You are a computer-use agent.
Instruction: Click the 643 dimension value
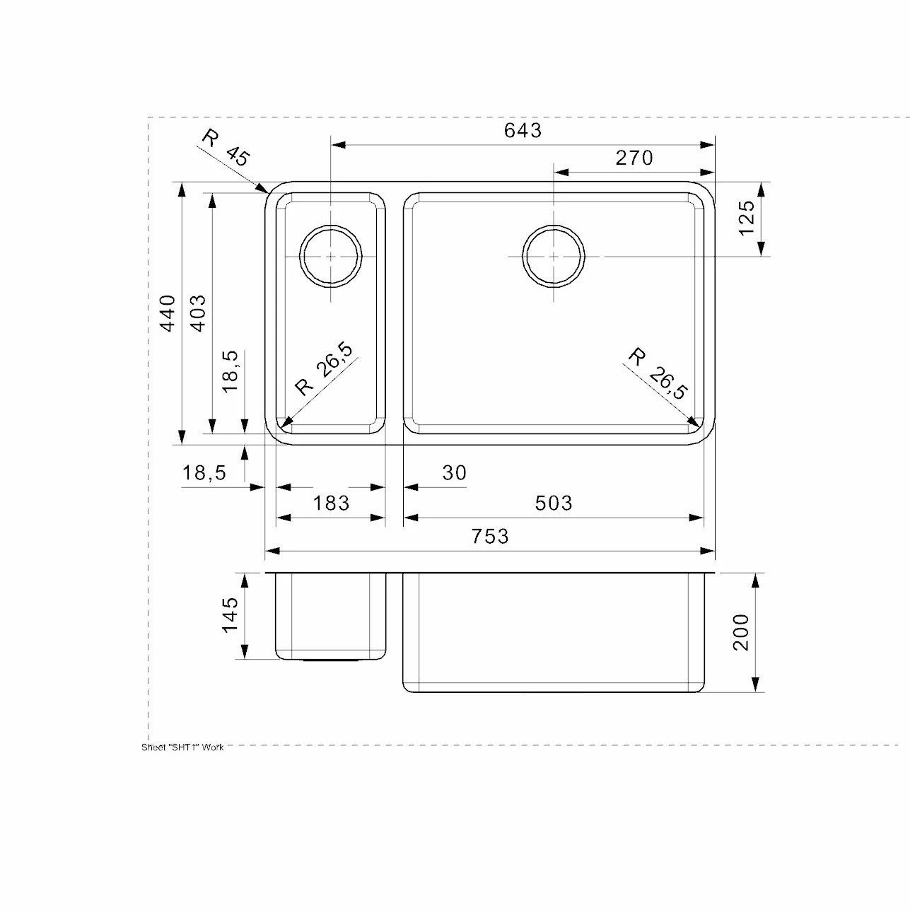click(523, 130)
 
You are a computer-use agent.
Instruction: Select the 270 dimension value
click(634, 158)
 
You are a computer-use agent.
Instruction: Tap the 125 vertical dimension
click(746, 218)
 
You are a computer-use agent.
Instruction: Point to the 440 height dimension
click(167, 313)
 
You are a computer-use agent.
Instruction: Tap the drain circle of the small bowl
click(331, 256)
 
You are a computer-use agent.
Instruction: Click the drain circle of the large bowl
click(554, 256)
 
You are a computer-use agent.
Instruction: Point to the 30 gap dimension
click(455, 472)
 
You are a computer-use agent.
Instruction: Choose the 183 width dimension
click(331, 503)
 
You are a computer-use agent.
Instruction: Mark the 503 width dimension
click(553, 503)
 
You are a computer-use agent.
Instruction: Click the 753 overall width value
click(489, 537)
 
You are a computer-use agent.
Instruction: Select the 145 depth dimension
click(231, 615)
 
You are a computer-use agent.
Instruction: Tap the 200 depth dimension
click(740, 632)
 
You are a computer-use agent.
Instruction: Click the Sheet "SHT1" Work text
click(182, 747)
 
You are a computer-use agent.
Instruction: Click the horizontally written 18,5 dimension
click(204, 473)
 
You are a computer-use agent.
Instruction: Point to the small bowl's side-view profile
click(331, 615)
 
